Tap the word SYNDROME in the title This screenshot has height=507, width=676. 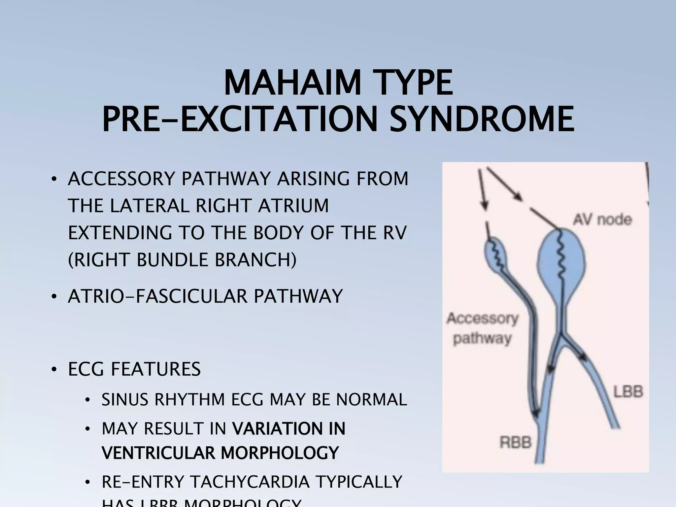pos(482,119)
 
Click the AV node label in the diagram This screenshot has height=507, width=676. pos(602,220)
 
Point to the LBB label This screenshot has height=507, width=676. pos(628,392)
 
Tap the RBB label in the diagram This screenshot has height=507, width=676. pos(516,442)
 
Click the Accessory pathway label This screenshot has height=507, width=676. pos(483,328)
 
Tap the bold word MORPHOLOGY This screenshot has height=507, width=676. pos(280,453)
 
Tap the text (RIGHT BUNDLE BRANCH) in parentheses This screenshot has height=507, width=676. pos(182,259)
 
